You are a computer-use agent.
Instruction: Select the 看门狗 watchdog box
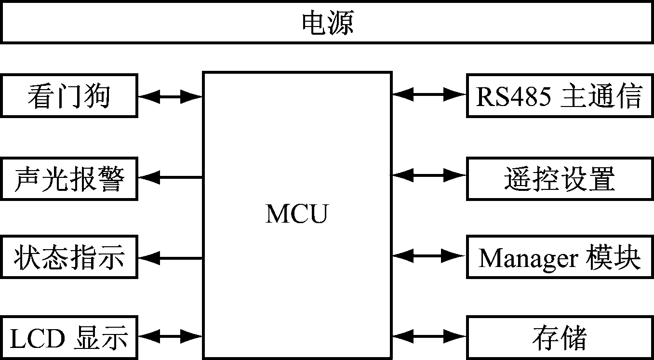click(x=69, y=95)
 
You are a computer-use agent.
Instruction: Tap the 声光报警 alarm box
click(x=69, y=178)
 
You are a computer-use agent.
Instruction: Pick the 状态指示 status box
click(x=69, y=257)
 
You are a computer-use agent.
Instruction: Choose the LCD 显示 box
click(x=69, y=337)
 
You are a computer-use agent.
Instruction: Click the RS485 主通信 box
click(x=560, y=95)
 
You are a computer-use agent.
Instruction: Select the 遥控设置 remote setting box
click(x=560, y=178)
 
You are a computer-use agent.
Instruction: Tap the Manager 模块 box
click(x=560, y=257)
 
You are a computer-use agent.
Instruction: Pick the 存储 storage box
click(x=560, y=337)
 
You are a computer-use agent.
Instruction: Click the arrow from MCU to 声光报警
click(x=170, y=177)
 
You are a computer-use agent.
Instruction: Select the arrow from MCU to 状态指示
click(x=170, y=258)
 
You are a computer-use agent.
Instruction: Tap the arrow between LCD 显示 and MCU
click(x=170, y=336)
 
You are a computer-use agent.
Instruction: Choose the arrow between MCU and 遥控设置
click(x=429, y=175)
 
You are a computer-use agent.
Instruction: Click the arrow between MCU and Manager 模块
click(x=429, y=255)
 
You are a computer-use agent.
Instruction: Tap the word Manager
click(x=528, y=258)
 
